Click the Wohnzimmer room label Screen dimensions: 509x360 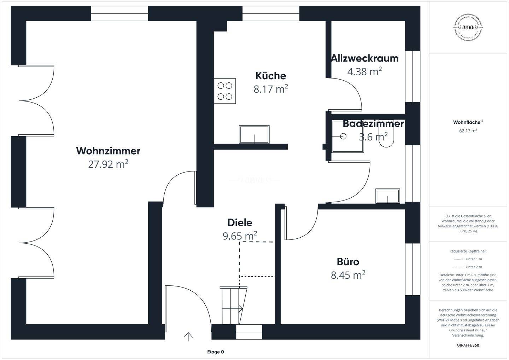pos(108,151)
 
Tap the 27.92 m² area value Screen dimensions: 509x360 pos(108,164)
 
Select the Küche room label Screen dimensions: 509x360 pos(271,76)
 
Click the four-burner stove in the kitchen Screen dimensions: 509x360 pos(225,91)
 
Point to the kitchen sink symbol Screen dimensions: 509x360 pos(254,134)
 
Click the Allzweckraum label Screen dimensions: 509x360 pos(365,58)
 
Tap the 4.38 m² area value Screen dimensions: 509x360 pos(364,71)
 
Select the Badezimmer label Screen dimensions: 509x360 pos(373,124)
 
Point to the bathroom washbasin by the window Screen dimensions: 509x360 pos(388,196)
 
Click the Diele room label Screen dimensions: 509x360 pos(240,223)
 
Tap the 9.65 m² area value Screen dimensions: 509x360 pos(240,236)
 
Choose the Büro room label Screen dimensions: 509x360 pos(348,262)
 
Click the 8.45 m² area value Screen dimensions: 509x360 pos(348,275)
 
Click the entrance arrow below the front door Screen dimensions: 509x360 pos(188,337)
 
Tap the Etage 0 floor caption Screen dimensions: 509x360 pos(216,352)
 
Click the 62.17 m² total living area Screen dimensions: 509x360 pos(468,130)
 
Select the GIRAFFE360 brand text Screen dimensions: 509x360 pos(468,345)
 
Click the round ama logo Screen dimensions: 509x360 pos(468,27)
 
